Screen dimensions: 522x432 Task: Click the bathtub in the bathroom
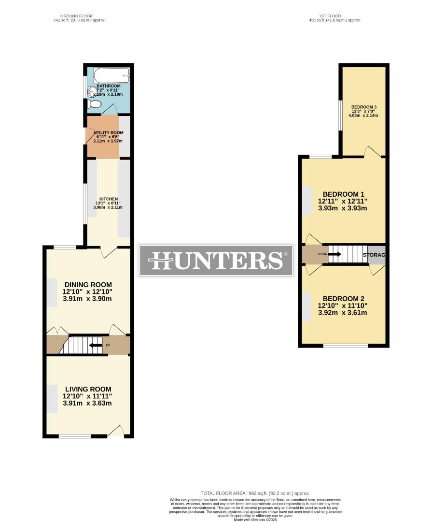(x=111, y=75)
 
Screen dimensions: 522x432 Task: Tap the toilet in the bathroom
(x=95, y=104)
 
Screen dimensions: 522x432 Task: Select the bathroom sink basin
(x=92, y=91)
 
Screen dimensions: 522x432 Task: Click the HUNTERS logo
(x=216, y=261)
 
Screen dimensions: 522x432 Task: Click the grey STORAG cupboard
(x=376, y=255)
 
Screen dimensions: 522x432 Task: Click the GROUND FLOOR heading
(x=80, y=16)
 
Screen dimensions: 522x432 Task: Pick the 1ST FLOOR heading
(x=335, y=16)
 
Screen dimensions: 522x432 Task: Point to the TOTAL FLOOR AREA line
(x=255, y=493)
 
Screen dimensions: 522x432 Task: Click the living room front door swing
(x=116, y=431)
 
